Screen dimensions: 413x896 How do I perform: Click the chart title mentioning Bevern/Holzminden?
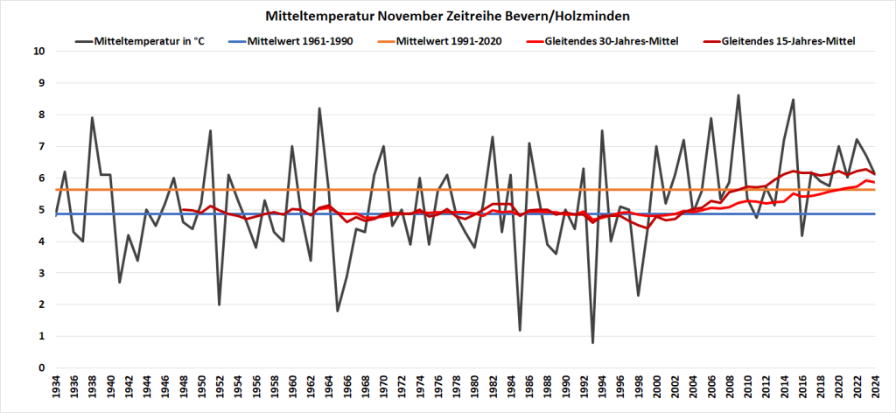(447, 16)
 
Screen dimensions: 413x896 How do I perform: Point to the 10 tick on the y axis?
(38, 51)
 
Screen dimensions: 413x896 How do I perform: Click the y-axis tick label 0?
(41, 368)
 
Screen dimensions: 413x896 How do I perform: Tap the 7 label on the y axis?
(41, 146)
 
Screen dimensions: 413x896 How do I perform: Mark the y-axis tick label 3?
(41, 273)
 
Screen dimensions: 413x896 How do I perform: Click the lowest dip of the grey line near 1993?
(593, 342)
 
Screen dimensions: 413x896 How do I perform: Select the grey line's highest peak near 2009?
(738, 95)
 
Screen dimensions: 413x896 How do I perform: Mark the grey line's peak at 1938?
(93, 117)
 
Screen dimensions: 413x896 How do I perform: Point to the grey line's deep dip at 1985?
(521, 330)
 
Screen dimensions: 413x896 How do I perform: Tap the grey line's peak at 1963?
(320, 108)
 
